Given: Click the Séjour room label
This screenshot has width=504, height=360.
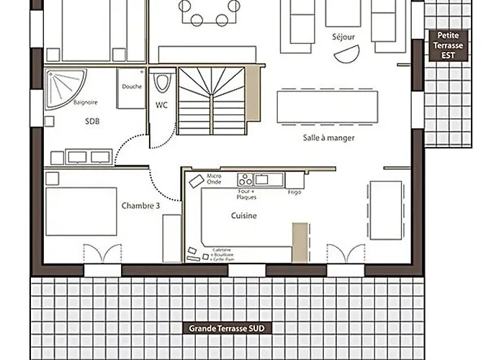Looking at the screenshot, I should pos(343,36).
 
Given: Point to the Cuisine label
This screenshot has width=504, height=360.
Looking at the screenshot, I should pos(244,215).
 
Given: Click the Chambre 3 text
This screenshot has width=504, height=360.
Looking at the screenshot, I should pos(140,205).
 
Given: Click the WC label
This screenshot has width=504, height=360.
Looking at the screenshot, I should pos(161,105).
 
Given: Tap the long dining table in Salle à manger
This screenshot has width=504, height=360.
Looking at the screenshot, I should pos(328,105).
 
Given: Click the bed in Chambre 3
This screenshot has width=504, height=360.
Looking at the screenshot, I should pos(81,211).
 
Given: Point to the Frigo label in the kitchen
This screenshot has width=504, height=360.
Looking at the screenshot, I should pos(294,192).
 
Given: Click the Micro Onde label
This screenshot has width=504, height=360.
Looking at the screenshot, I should pos(214,179).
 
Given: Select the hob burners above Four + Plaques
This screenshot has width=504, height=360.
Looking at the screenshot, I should pos(246,180).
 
